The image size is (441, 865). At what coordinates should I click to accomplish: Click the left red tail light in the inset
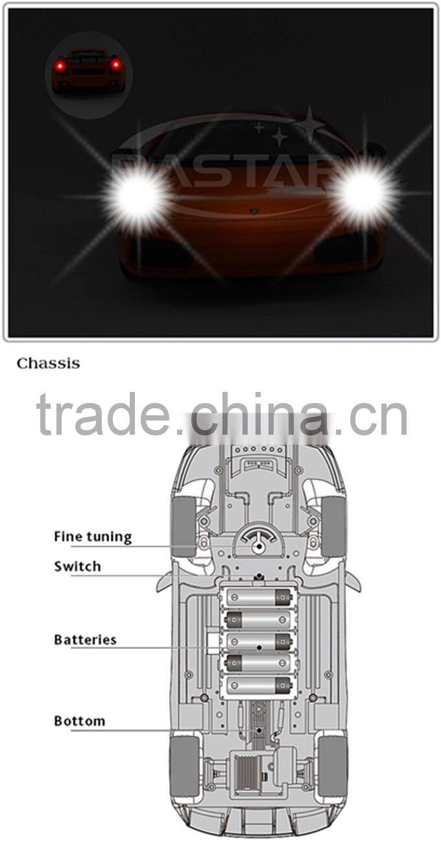pyautogui.click(x=60, y=66)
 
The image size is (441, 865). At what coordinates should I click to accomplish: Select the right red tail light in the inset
pyautogui.click(x=115, y=65)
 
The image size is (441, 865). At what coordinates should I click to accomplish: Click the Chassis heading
pyautogui.click(x=48, y=363)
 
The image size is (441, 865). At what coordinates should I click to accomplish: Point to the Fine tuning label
pyautogui.click(x=92, y=537)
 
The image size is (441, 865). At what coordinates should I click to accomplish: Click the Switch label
pyautogui.click(x=77, y=567)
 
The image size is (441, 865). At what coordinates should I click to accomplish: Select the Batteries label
pyautogui.click(x=85, y=640)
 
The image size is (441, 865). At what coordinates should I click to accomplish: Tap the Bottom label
pyautogui.click(x=79, y=721)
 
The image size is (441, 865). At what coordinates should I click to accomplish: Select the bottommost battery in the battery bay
pyautogui.click(x=258, y=685)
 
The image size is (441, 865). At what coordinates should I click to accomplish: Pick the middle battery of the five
pyautogui.click(x=258, y=641)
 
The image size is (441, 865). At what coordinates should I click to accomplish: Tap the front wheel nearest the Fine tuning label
pyautogui.click(x=184, y=526)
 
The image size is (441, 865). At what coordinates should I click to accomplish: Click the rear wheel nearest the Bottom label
pyautogui.click(x=184, y=766)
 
